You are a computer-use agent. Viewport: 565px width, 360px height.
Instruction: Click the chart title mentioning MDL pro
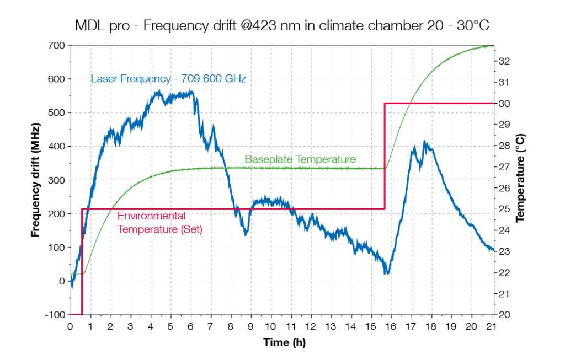(282, 25)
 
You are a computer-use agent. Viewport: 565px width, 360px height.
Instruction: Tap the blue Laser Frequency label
(168, 79)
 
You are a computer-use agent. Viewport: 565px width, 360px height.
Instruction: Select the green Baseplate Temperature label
(300, 159)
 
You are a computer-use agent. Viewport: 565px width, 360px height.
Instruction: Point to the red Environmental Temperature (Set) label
(160, 223)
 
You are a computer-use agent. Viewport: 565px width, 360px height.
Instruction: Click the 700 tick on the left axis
(57, 45)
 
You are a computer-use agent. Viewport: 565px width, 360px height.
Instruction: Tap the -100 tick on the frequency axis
(55, 315)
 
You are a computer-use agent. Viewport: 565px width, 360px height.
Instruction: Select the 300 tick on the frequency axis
(57, 180)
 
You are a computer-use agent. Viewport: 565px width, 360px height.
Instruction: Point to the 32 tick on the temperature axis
(503, 61)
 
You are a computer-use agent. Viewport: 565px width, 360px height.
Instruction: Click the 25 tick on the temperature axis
(503, 209)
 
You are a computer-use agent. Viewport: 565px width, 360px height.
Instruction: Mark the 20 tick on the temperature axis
(503, 315)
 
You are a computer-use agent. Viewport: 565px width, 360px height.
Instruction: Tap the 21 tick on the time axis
(492, 326)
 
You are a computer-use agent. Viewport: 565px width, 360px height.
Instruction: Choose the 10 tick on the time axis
(271, 326)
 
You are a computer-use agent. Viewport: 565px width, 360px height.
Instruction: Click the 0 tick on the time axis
(70, 326)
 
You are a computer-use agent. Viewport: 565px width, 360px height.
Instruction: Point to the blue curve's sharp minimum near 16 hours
(387, 273)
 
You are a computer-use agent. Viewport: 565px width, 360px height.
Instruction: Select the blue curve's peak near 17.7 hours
(424, 142)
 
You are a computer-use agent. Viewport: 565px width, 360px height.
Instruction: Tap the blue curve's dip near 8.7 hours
(246, 234)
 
